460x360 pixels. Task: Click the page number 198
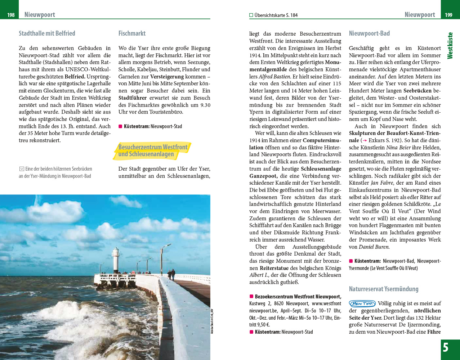coord(11,15)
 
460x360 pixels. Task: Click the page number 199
coord(448,15)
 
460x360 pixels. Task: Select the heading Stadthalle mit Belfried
coord(47,33)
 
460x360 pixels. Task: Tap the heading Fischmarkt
coord(132,33)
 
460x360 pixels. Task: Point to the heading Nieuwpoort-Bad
coord(369,33)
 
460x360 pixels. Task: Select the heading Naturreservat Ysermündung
coord(384,289)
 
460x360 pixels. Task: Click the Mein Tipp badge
coord(362,303)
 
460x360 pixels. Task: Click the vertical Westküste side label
coord(450,46)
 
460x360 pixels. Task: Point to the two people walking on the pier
coord(171,274)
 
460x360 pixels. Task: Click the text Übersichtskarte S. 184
coord(276,15)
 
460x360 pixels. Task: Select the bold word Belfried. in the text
coord(75,76)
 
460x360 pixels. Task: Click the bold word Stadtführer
coord(133,98)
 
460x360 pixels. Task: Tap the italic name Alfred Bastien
coord(274,76)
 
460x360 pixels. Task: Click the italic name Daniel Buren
coord(374,247)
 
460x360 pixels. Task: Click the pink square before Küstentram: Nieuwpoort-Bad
coord(351,261)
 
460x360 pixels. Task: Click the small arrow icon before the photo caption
coord(21,169)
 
